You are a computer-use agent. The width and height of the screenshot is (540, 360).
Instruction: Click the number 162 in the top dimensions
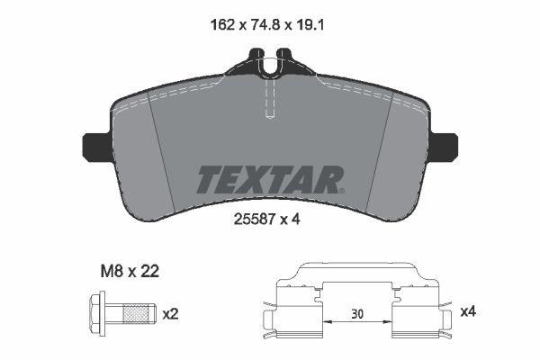[222, 25]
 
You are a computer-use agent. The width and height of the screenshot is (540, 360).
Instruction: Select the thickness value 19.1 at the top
[309, 25]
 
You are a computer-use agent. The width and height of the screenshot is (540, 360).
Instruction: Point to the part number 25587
[254, 219]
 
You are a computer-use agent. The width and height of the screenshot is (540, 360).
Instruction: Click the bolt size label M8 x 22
[130, 272]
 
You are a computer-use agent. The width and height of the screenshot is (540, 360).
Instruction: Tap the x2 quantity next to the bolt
[170, 314]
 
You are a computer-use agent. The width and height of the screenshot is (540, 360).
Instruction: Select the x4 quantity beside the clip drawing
[468, 311]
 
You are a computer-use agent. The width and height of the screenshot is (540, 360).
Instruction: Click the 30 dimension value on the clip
[357, 314]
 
